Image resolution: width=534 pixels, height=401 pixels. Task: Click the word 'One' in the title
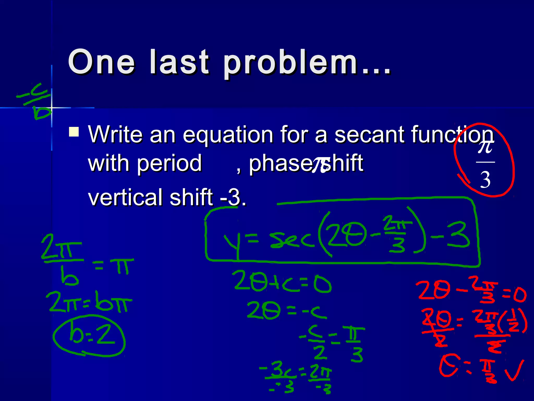point(101,62)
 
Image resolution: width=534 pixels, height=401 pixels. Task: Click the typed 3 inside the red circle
point(485,180)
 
